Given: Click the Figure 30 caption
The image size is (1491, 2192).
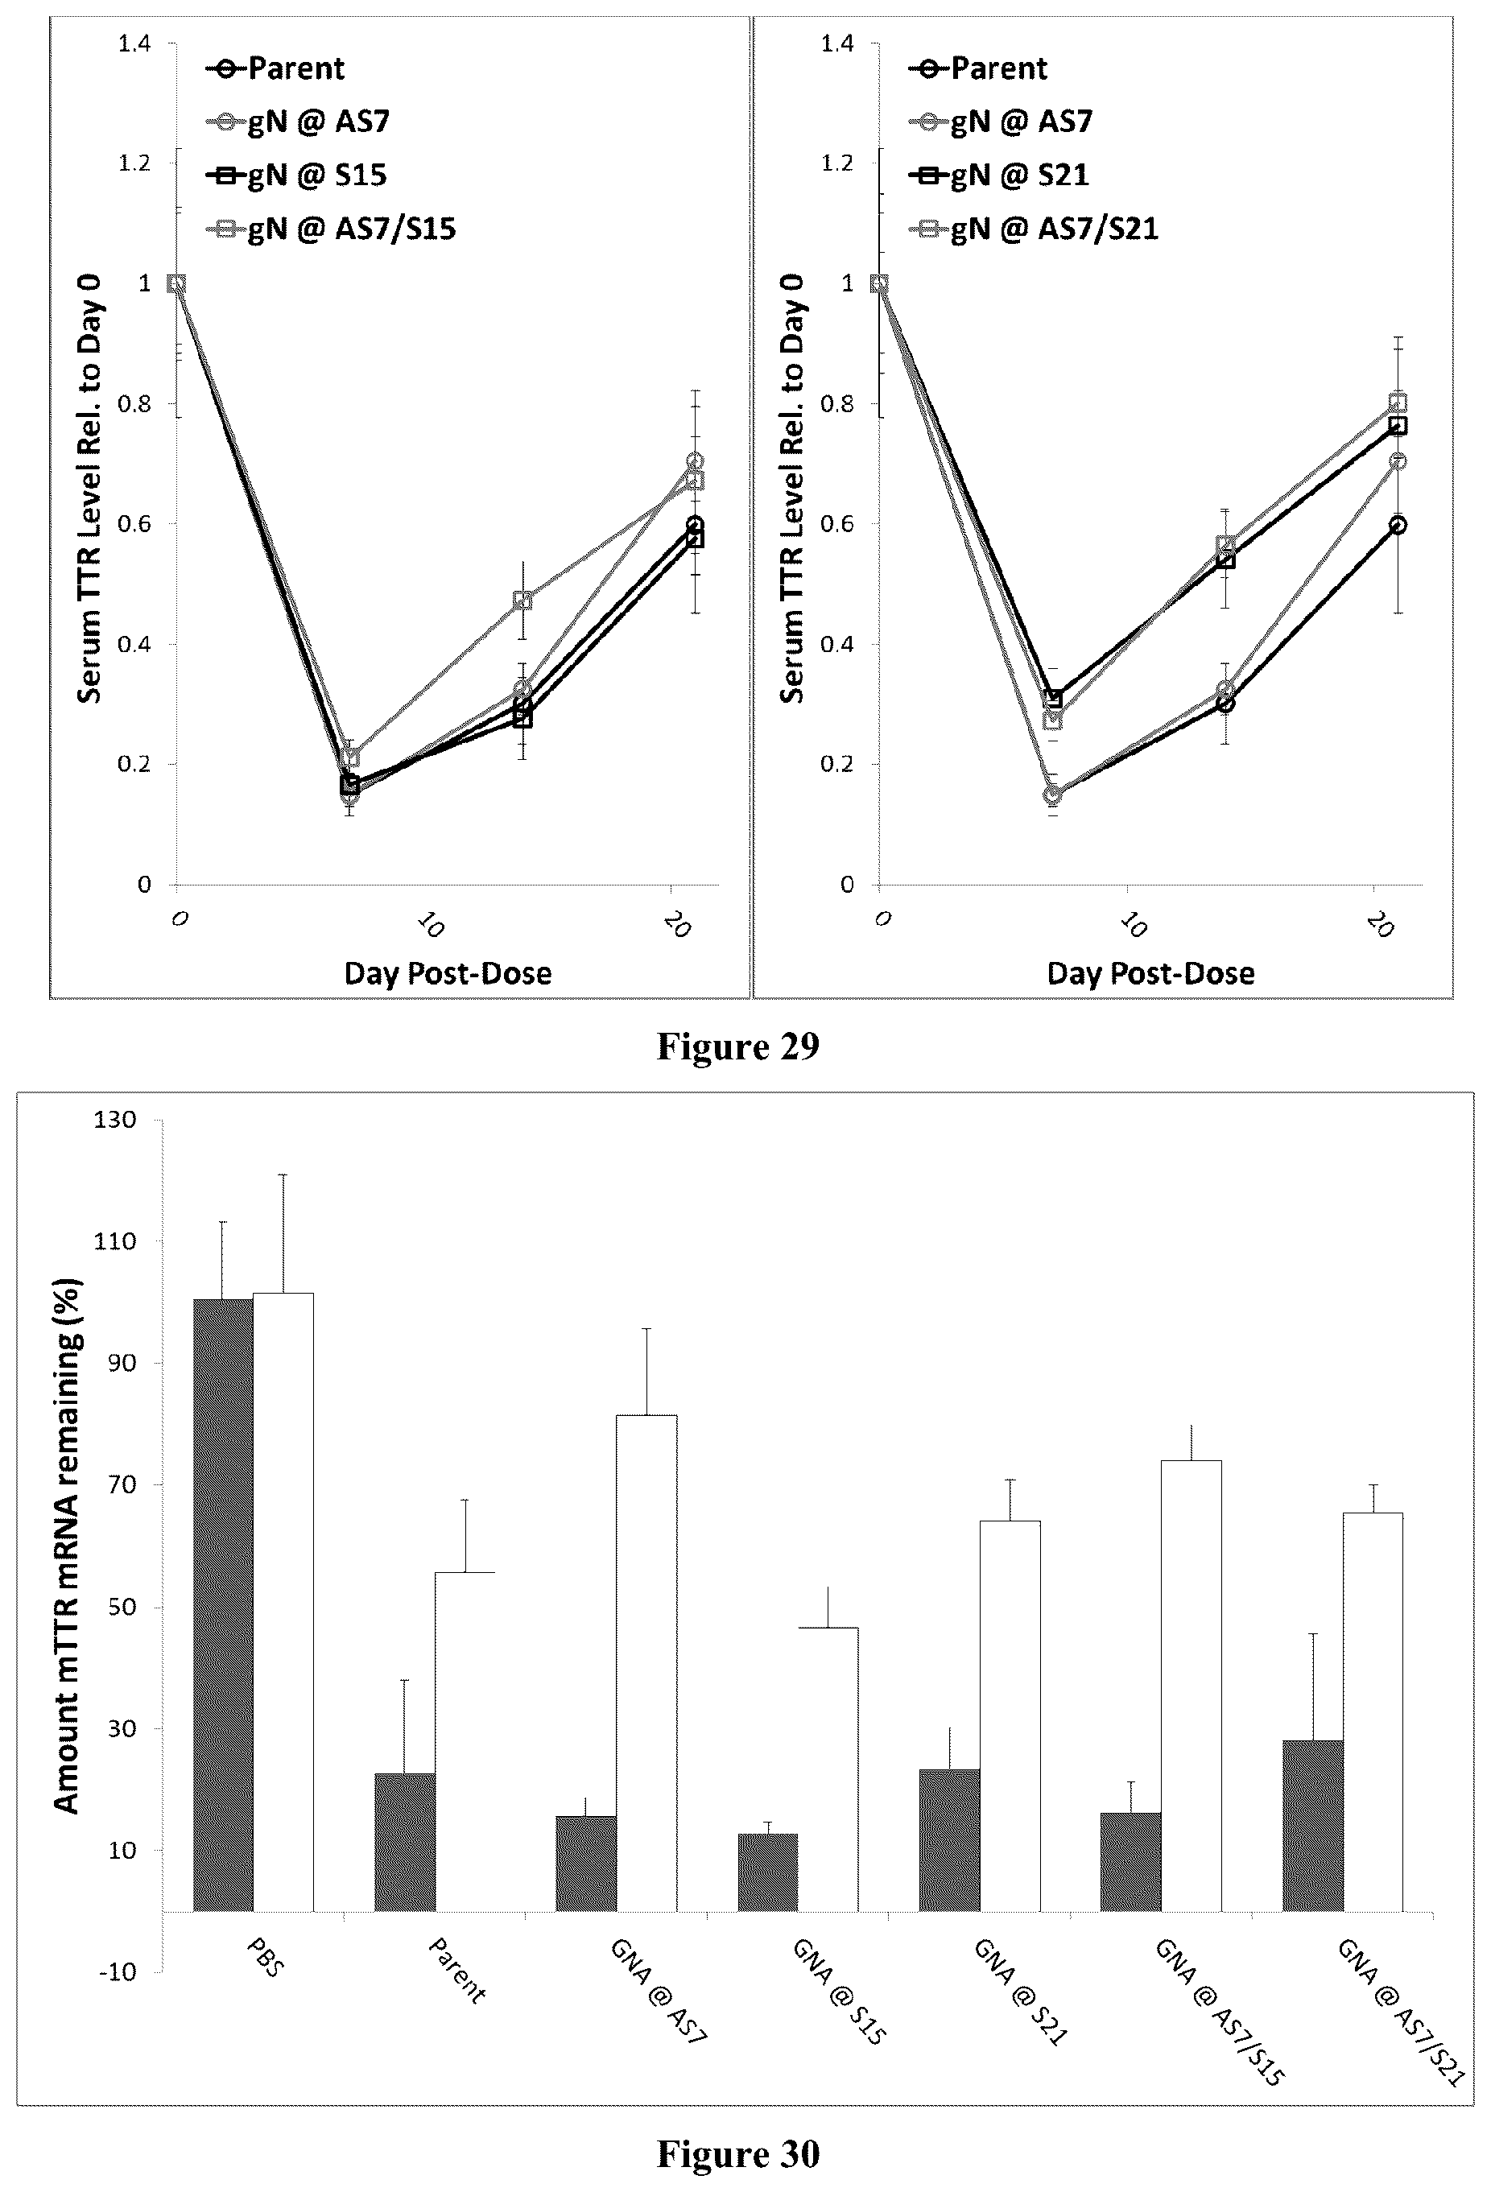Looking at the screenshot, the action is pyautogui.click(x=737, y=2153).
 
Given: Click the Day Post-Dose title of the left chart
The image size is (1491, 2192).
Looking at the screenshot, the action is pyautogui.click(x=447, y=972).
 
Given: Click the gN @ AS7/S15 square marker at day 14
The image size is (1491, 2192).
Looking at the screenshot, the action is pyautogui.click(x=522, y=600).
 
